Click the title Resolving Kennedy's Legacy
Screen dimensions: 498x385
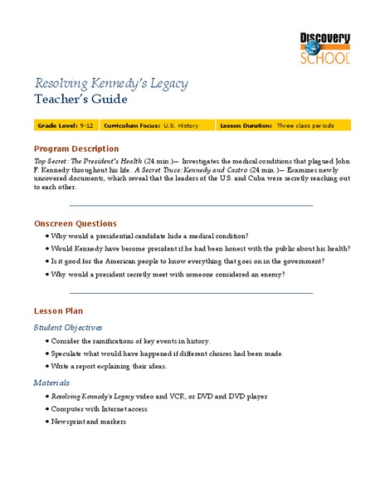[110, 83]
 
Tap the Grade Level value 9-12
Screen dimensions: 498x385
[85, 125]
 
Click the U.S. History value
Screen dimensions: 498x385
[179, 125]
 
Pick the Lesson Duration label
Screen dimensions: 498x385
[246, 125]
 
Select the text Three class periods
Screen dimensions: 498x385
[305, 125]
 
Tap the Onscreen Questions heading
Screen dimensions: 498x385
[76, 223]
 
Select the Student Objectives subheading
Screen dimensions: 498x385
[68, 327]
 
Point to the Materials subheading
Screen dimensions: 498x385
[51, 383]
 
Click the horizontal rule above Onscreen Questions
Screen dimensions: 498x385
[191, 206]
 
